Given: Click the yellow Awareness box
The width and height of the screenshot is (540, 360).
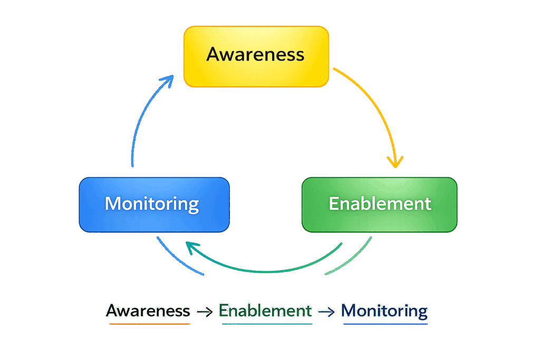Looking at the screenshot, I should [256, 56].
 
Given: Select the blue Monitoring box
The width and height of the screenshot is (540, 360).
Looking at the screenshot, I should [154, 205].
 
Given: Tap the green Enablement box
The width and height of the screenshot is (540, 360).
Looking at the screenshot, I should [379, 205].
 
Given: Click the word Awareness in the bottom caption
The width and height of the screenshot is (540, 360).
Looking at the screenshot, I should [148, 310].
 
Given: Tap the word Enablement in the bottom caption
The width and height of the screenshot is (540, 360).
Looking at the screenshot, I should [265, 310].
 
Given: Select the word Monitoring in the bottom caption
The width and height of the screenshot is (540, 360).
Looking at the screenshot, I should [384, 310].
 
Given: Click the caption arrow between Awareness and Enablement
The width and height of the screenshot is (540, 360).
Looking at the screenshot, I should [204, 312].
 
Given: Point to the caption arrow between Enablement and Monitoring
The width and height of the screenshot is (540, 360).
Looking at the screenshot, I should [326, 312].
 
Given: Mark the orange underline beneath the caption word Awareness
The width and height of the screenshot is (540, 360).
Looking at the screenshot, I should [149, 323].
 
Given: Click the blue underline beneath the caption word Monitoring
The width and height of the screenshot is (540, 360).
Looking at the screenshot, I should [385, 324].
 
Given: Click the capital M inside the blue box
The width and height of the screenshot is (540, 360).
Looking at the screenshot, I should [113, 203].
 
